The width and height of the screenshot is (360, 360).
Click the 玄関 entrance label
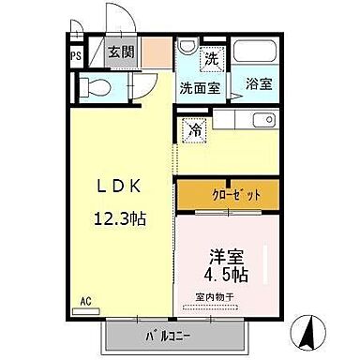coord(118,52)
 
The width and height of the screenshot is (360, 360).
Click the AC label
coord(85,303)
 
